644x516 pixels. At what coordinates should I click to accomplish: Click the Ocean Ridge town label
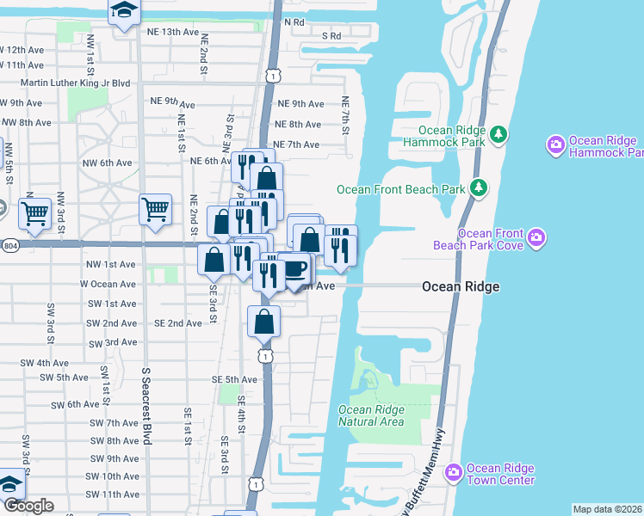coord(461,286)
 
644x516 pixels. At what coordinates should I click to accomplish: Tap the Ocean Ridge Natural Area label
coord(371,415)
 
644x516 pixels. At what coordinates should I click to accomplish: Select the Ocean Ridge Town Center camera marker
coord(454,472)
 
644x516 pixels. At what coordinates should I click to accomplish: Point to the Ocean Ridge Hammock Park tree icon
coord(498,134)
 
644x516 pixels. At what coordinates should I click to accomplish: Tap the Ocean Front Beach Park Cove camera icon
coord(536,236)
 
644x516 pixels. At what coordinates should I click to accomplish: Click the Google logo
coord(28,507)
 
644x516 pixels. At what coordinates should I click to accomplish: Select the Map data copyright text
coord(607,509)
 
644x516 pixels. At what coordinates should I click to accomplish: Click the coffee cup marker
coord(295,269)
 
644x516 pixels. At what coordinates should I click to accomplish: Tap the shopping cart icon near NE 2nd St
coord(155,208)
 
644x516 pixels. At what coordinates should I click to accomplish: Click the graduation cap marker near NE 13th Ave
coord(125,11)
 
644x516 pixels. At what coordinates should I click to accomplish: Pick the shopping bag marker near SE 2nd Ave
coord(264,322)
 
